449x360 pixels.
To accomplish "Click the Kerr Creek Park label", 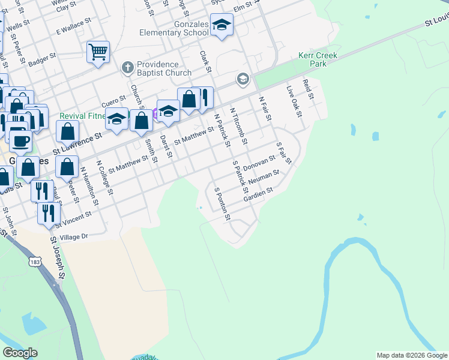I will point(318,59).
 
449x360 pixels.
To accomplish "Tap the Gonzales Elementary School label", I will point(173,28).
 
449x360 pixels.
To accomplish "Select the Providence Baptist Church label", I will point(157,68).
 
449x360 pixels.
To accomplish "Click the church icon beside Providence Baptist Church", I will point(127,68).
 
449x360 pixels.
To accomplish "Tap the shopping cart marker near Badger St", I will point(98,51).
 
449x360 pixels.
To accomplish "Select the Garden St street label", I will point(259,194).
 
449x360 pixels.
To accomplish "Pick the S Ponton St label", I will point(222,203).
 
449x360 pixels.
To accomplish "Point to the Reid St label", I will point(309,88).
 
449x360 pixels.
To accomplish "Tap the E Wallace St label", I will point(73,27).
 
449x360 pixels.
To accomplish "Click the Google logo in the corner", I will point(20,353).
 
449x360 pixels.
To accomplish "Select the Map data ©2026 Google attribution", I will point(412,355).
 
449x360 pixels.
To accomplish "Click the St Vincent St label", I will point(73,219).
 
